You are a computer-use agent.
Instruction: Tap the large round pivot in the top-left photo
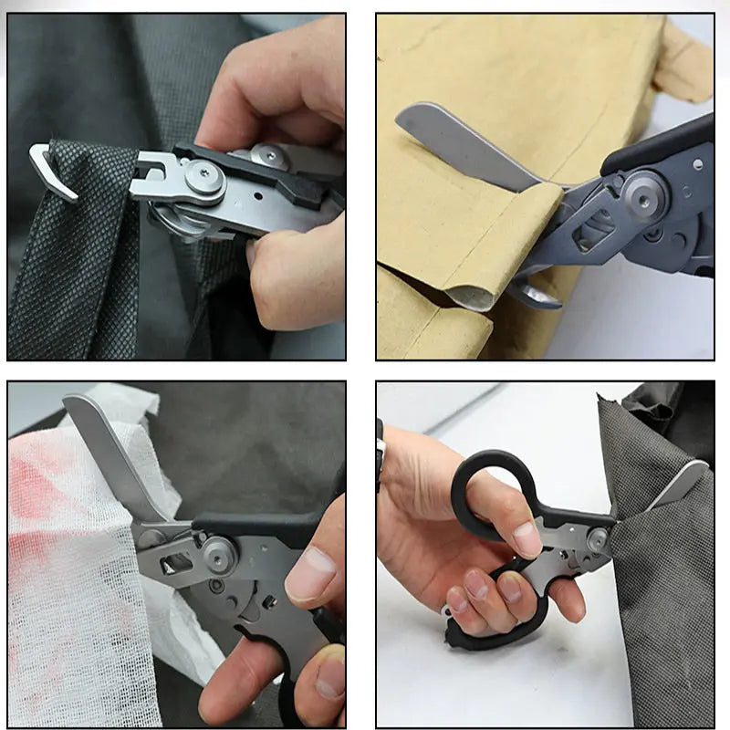204,178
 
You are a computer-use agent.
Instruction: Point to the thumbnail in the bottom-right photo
527,538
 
